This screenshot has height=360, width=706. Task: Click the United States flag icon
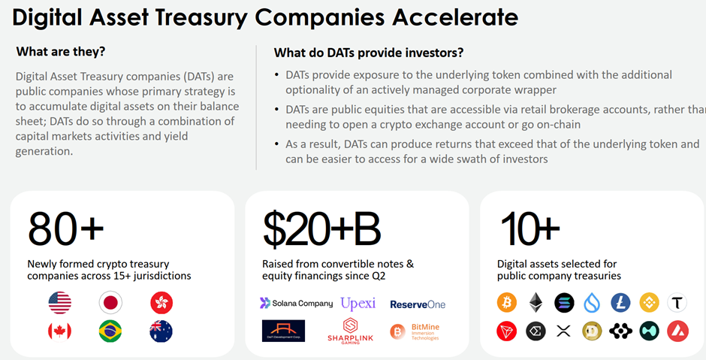pyautogui.click(x=59, y=303)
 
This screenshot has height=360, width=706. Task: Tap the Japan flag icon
pyautogui.click(x=110, y=303)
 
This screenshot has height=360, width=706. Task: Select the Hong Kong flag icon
pyautogui.click(x=161, y=303)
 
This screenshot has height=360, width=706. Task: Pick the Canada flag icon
pyautogui.click(x=59, y=331)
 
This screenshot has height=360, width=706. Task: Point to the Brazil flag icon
pyautogui.click(x=110, y=331)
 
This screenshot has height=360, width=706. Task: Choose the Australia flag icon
pyautogui.click(x=161, y=331)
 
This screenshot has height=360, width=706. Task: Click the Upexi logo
pyautogui.click(x=358, y=304)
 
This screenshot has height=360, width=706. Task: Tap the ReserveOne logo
pyautogui.click(x=418, y=304)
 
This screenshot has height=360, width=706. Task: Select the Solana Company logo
pyautogui.click(x=296, y=304)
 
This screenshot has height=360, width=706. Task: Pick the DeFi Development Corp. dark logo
pyautogui.click(x=283, y=331)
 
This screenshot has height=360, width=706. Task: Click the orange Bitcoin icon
pyautogui.click(x=507, y=303)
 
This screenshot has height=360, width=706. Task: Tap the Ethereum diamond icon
pyautogui.click(x=536, y=303)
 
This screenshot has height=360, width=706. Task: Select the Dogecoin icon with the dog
pyautogui.click(x=593, y=331)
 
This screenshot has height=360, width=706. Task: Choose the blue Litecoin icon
pyautogui.click(x=620, y=303)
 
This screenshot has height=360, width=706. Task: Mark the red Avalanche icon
pyautogui.click(x=677, y=331)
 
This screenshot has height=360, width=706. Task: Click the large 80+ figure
pyautogui.click(x=65, y=228)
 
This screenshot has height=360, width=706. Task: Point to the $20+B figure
pyautogui.click(x=321, y=228)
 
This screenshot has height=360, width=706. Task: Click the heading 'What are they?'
pyautogui.click(x=61, y=52)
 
